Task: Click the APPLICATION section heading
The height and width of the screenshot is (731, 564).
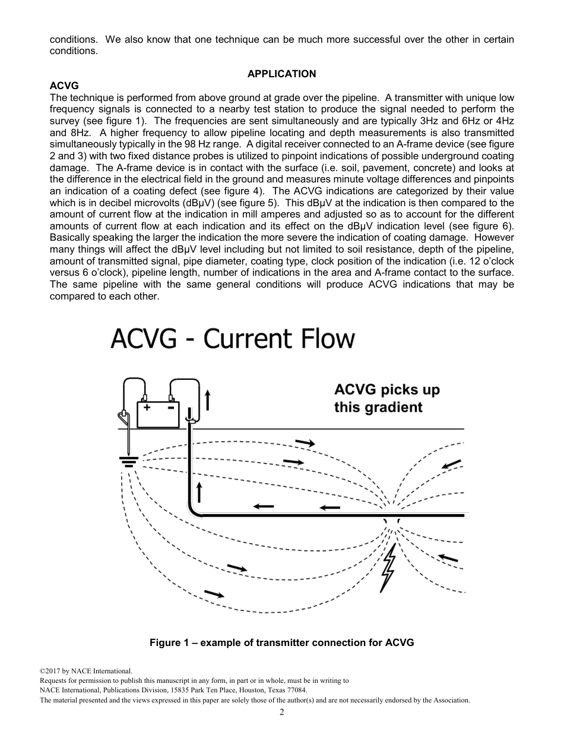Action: (x=281, y=74)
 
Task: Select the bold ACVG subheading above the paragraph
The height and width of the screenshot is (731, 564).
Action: (x=64, y=86)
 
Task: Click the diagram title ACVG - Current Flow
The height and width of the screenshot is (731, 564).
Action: (x=233, y=339)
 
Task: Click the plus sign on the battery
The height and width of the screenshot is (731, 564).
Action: (x=146, y=408)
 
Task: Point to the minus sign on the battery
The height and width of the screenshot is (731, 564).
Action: (x=170, y=408)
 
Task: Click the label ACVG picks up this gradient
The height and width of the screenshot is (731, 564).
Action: (x=386, y=399)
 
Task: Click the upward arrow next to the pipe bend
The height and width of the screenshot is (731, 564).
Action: (x=200, y=492)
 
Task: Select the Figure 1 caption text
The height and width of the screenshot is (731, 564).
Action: (x=281, y=642)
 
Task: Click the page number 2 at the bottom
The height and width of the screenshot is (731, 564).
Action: (x=282, y=712)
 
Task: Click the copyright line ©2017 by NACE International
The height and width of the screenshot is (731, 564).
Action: (x=82, y=671)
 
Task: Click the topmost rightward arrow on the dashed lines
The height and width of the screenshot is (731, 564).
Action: (x=305, y=442)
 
